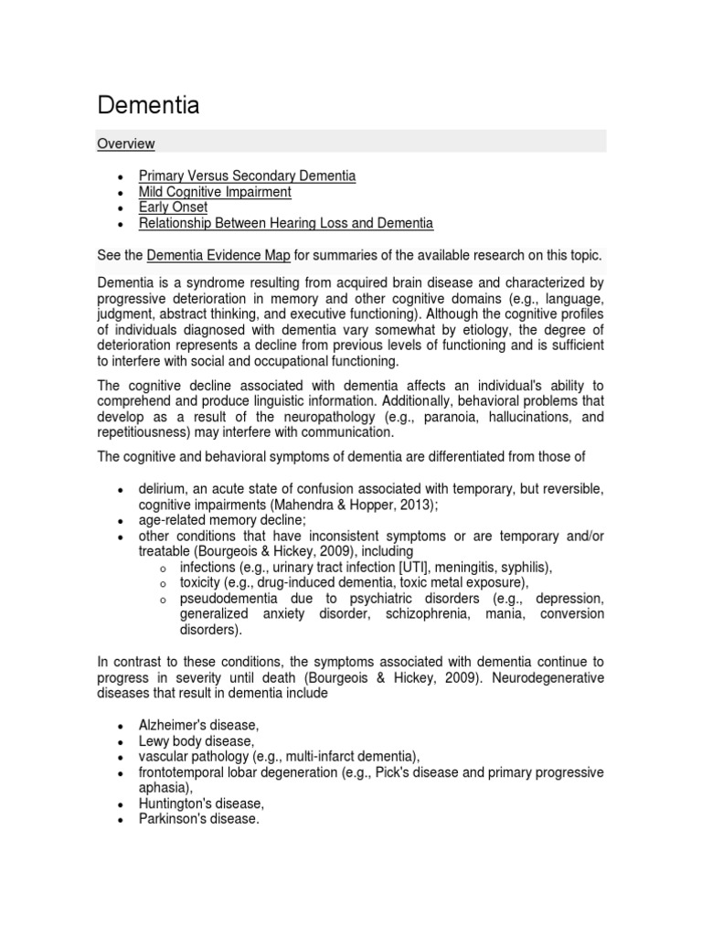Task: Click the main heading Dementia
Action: (x=148, y=105)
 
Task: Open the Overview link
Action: (x=126, y=144)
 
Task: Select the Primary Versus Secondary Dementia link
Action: (x=247, y=175)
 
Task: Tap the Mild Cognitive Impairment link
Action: (x=215, y=191)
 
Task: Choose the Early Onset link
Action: (x=173, y=207)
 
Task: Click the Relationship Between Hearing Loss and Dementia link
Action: (x=285, y=223)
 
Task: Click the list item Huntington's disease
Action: (x=201, y=803)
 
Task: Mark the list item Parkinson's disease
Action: (x=199, y=820)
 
